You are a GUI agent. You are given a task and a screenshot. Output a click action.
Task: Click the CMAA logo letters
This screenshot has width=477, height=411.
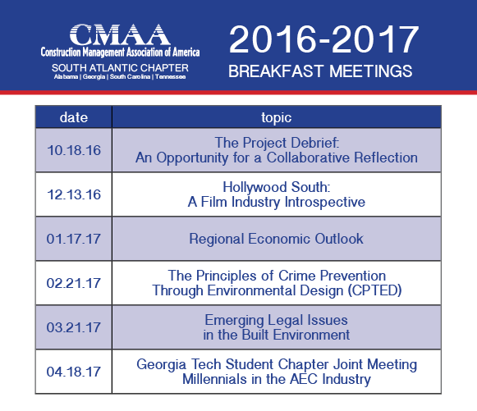pos(120,34)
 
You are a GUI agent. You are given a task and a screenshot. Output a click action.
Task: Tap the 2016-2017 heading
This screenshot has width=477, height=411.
pos(324,39)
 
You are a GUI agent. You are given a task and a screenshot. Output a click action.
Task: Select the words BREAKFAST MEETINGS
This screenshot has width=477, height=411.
pos(320,71)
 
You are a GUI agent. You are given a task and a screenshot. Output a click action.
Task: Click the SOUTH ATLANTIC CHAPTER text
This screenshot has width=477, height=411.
pos(120,68)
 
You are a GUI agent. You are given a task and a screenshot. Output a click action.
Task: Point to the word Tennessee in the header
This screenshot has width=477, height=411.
pos(171,76)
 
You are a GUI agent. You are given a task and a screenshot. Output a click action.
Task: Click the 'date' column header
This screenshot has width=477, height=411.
pos(74,117)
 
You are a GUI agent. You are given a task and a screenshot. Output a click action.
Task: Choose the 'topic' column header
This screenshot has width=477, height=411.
pos(276,118)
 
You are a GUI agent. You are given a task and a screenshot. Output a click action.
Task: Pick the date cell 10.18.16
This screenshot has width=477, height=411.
pos(74,150)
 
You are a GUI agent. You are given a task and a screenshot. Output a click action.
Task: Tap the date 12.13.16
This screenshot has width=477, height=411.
pos(74,194)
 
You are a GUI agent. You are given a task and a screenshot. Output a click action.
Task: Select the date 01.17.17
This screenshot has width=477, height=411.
pos(74,239)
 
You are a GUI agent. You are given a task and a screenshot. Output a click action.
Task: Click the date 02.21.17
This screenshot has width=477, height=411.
pos(74,283)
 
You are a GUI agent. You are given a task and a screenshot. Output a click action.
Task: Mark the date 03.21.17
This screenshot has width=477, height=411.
pos(74,327)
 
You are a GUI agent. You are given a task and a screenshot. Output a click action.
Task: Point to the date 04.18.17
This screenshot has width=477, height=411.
pos(74,372)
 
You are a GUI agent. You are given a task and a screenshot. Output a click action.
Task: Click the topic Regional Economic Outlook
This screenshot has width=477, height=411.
pos(276,239)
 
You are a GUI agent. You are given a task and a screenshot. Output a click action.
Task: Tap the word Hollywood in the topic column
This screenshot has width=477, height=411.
pos(255,187)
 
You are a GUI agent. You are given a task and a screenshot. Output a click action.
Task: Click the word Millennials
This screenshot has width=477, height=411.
pos(214,379)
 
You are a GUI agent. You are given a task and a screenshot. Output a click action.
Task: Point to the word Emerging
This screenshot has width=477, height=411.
pos(234,321)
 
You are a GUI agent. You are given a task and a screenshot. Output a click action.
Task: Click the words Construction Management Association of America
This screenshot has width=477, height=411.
pos(120,53)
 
